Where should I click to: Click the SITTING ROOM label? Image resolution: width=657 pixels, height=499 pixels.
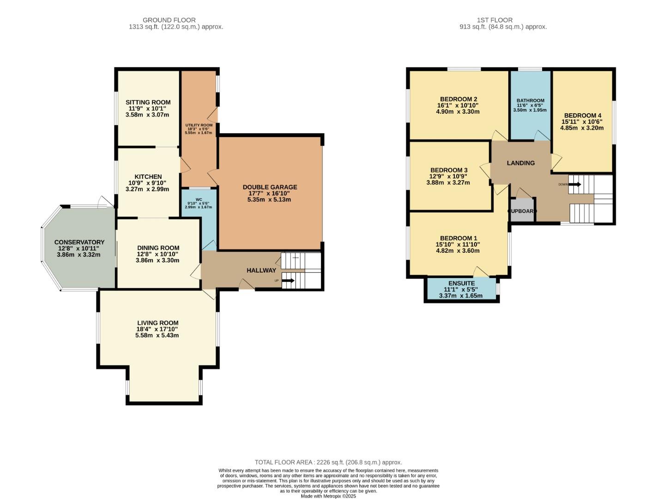tap(148, 102)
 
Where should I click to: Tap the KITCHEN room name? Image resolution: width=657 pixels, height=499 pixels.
tap(148, 176)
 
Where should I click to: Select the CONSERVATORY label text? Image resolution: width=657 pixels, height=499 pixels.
tap(79, 242)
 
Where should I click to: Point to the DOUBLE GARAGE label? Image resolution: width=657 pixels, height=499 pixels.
tap(270, 187)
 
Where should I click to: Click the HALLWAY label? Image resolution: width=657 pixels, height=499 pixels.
tap(261, 270)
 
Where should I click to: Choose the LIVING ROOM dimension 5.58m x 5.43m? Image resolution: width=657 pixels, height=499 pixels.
tap(157, 335)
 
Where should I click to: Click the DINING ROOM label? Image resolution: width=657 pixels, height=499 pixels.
tap(157, 248)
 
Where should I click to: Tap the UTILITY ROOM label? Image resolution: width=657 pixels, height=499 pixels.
tap(199, 125)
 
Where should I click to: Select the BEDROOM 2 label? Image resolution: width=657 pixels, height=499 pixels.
tap(458, 99)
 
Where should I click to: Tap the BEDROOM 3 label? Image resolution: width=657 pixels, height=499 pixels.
tap(448, 170)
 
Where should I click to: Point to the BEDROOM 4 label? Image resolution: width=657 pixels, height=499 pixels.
tap(582, 116)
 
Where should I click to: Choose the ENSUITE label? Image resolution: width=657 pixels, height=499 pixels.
tap(461, 283)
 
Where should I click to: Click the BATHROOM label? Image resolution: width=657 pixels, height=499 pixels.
tap(530, 100)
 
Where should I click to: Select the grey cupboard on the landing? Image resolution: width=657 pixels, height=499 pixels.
tap(522, 211)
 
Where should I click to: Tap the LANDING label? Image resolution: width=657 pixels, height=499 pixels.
tap(520, 163)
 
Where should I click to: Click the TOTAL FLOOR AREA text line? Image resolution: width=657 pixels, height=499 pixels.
tap(328, 462)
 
